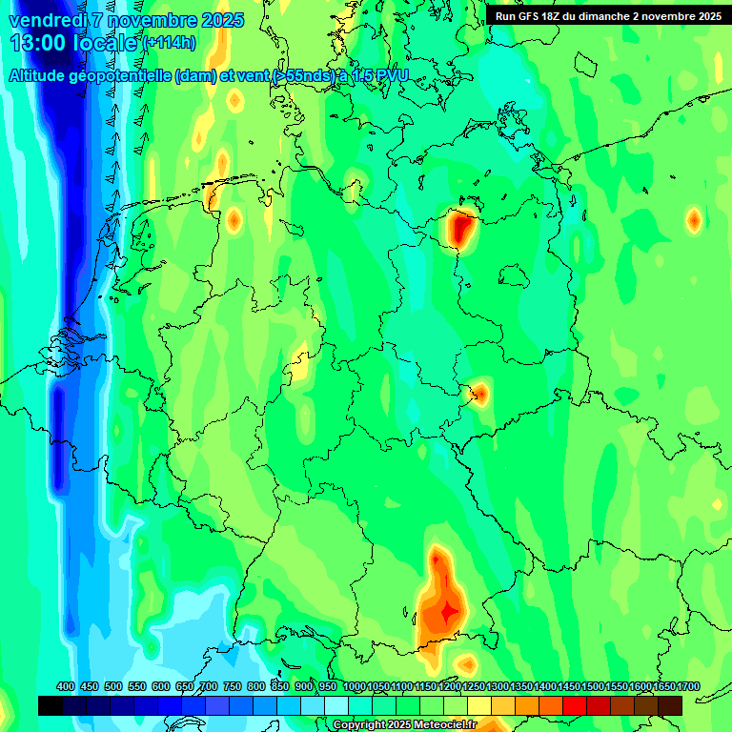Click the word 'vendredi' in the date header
click(48, 20)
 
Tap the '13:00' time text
click(39, 43)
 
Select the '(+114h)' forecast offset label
click(170, 43)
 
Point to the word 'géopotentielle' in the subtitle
click(126, 76)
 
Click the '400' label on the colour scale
click(66, 687)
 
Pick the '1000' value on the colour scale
click(355, 687)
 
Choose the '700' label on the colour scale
click(209, 687)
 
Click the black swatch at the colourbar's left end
click(51, 705)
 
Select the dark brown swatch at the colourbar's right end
click(670, 705)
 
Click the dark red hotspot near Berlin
click(463, 228)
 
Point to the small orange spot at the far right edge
click(694, 220)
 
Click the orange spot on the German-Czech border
click(479, 392)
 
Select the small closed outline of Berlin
click(515, 274)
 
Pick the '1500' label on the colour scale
click(593, 687)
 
